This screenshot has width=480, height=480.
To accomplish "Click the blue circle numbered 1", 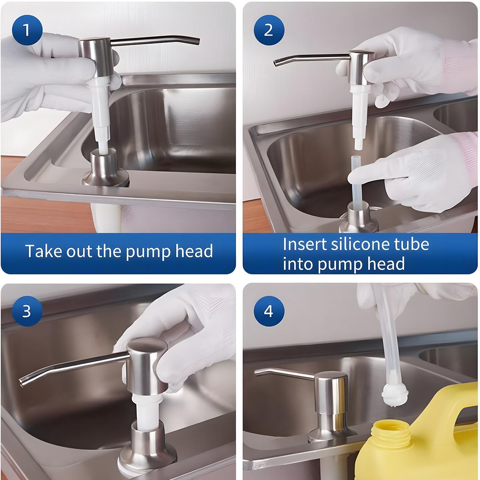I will pos(27,29).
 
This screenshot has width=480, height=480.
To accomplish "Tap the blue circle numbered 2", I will pos(269,29).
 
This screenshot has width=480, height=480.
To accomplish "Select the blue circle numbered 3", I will pos(27,310).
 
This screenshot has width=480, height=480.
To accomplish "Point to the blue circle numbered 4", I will pos(269,310).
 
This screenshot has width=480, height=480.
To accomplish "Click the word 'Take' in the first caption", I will pos(42,251).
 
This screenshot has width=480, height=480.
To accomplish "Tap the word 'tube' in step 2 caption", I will pos(412,244).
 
